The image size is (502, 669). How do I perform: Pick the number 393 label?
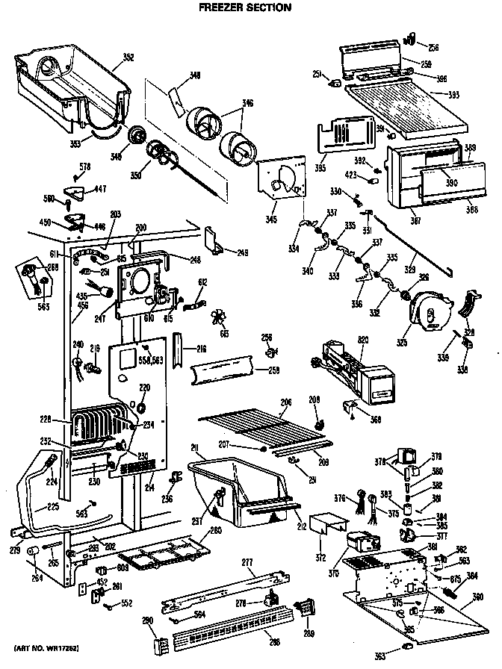pyautogui.click(x=453, y=95)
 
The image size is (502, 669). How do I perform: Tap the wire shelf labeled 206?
pyautogui.click(x=258, y=426)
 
